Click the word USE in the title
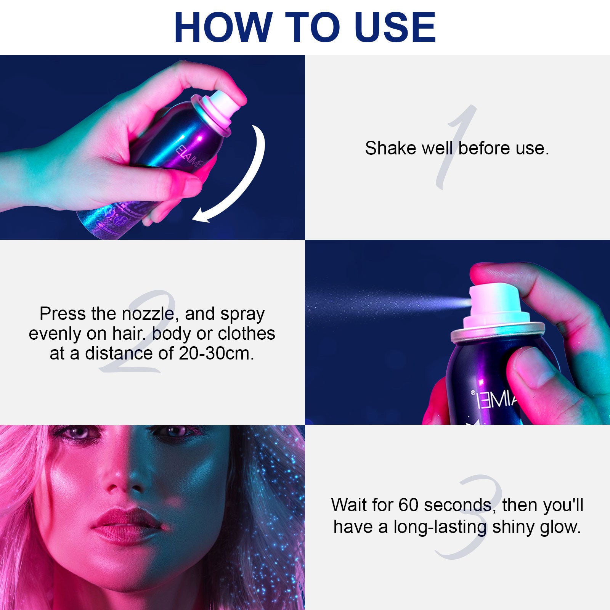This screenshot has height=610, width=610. [395, 27]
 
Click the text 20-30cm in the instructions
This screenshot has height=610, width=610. [216, 353]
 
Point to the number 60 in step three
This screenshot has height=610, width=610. [409, 505]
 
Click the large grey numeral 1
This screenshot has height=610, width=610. [457, 149]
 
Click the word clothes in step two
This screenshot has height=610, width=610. [247, 334]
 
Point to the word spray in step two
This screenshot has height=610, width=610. [242, 314]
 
